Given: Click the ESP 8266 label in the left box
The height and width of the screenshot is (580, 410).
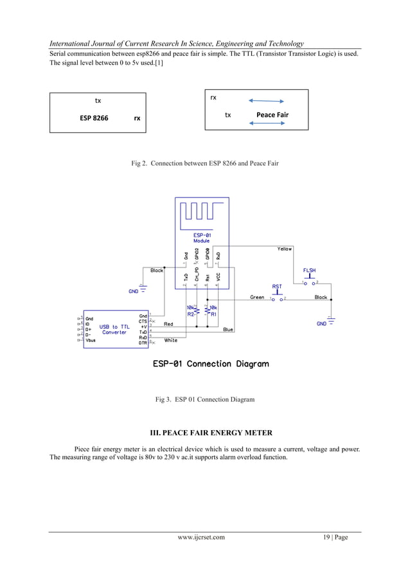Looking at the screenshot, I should pyautogui.click(x=94, y=118).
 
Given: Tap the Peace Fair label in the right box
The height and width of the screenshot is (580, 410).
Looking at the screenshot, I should pyautogui.click(x=272, y=115).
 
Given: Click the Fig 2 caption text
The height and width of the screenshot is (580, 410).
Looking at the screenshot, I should pyautogui.click(x=205, y=164).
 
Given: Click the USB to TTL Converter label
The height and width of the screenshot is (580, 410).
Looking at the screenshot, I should pyautogui.click(x=114, y=330).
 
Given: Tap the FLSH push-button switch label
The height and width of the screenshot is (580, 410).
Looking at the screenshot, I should pyautogui.click(x=310, y=271).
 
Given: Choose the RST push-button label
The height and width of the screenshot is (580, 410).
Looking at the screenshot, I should pyautogui.click(x=277, y=287).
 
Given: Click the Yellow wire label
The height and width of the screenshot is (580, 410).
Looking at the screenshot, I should pyautogui.click(x=285, y=248).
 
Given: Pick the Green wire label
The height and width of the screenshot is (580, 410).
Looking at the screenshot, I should pyautogui.click(x=257, y=298).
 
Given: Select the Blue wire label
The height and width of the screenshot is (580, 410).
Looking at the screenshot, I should pyautogui.click(x=228, y=330).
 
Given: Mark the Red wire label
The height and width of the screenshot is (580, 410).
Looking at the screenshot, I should pyautogui.click(x=168, y=324).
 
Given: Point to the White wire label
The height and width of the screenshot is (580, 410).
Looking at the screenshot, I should pyautogui.click(x=171, y=341).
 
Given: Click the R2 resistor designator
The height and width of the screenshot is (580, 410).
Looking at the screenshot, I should pyautogui.click(x=191, y=314).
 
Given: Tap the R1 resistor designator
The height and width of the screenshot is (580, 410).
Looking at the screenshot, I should pyautogui.click(x=214, y=314).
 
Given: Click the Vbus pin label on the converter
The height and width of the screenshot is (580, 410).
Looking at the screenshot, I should pyautogui.click(x=91, y=341).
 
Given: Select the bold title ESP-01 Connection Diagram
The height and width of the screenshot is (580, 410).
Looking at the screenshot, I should pyautogui.click(x=211, y=364).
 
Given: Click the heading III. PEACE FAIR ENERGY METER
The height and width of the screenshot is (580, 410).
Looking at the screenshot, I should pyautogui.click(x=205, y=431).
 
